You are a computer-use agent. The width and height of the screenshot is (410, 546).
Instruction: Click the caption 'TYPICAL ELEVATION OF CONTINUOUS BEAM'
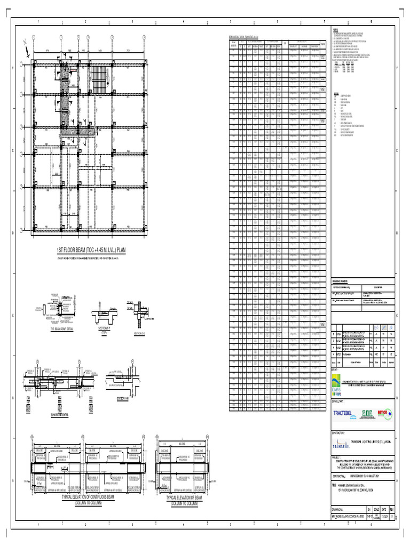point(88,496)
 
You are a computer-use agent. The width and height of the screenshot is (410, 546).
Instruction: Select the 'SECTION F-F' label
point(104,327)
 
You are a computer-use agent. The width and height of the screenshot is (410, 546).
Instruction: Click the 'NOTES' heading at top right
point(336,30)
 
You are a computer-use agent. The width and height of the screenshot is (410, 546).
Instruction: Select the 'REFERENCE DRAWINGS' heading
point(343,280)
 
